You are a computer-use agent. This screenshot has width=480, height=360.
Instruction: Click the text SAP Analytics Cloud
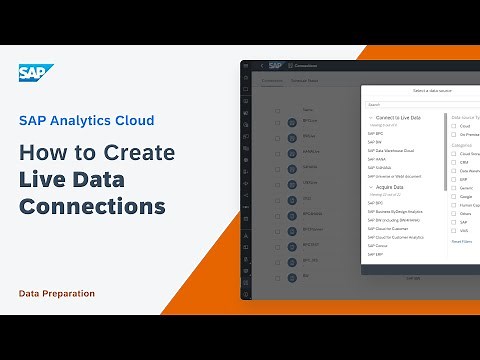pyautogui.click(x=87, y=121)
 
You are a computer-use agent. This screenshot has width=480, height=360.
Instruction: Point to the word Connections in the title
pyautogui.click(x=92, y=207)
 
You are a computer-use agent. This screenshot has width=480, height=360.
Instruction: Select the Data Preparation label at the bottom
pyautogui.click(x=57, y=293)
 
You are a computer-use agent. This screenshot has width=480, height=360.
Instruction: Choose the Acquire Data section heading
pyautogui.click(x=391, y=187)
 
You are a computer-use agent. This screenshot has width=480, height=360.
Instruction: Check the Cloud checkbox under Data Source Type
pyautogui.click(x=453, y=126)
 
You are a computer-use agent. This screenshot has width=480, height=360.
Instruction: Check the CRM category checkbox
pyautogui.click(x=453, y=162)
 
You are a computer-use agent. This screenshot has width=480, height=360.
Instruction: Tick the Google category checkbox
pyautogui.click(x=453, y=195)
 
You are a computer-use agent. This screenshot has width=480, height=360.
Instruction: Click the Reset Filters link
pyautogui.click(x=461, y=241)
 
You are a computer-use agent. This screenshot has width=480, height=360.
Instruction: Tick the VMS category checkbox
pyautogui.click(x=453, y=230)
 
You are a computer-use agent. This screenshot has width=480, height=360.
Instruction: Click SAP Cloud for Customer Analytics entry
pyautogui.click(x=396, y=237)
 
